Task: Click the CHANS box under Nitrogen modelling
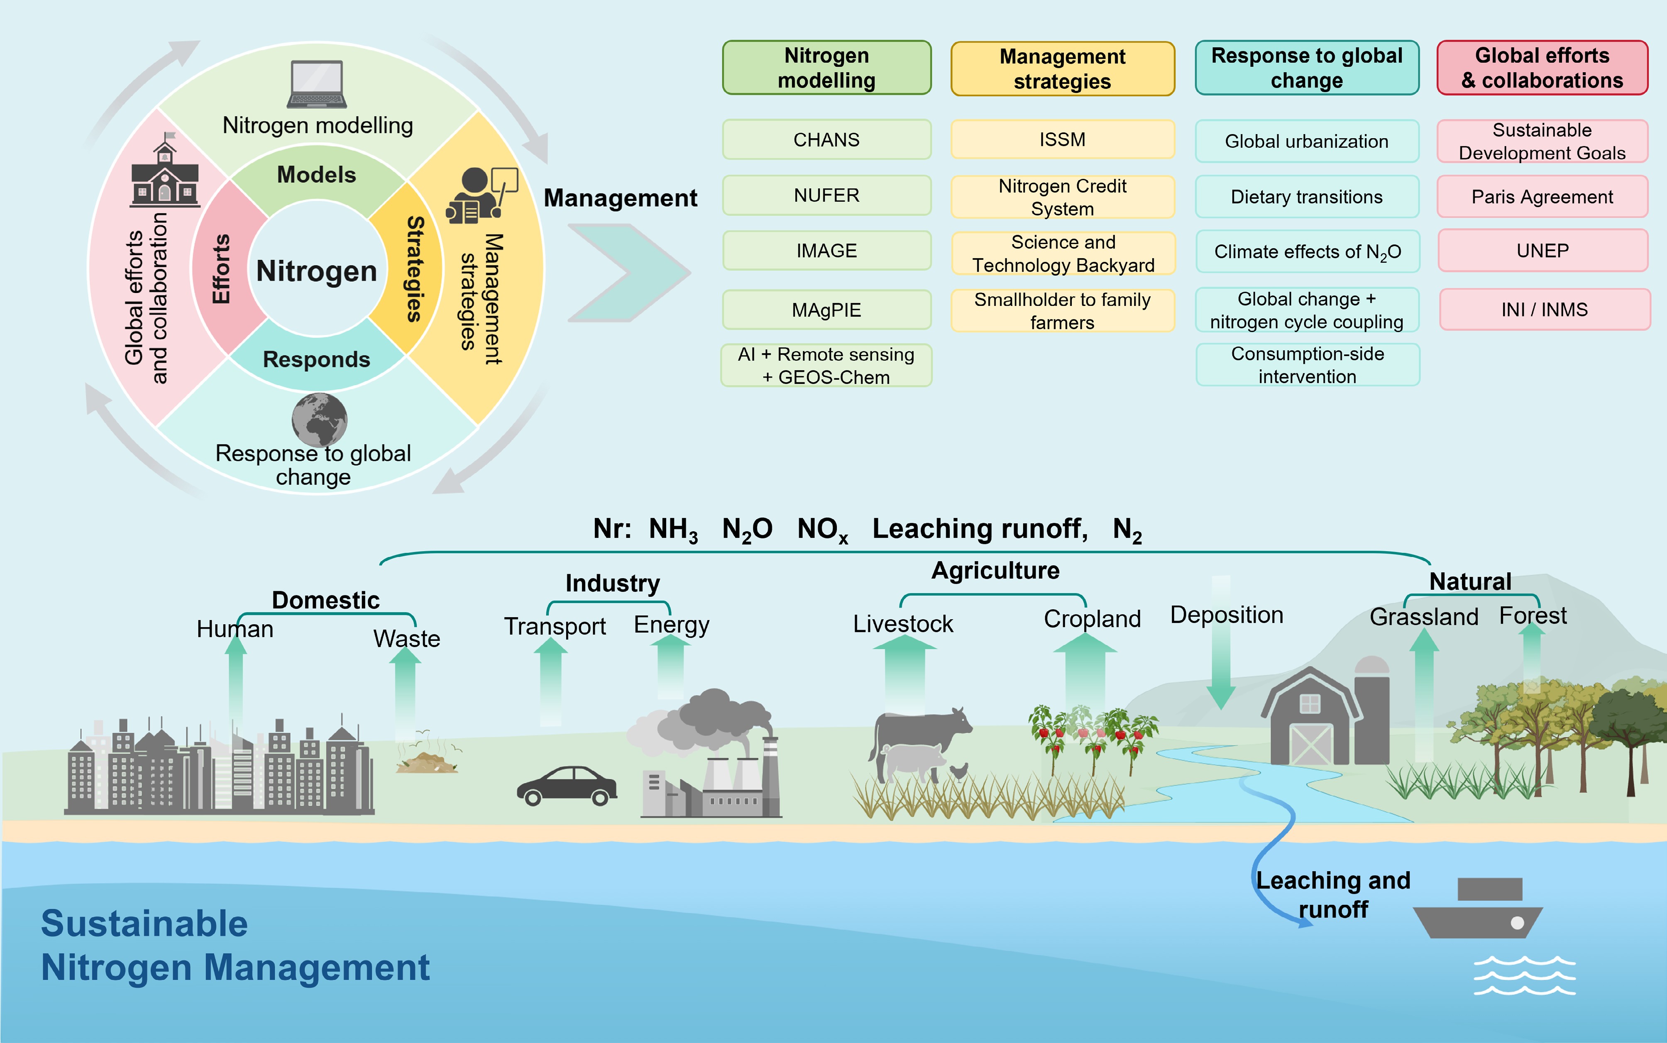tap(826, 139)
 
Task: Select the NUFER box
tap(826, 195)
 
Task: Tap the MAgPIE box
tap(826, 310)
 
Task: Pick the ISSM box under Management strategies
tap(1062, 139)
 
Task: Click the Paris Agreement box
tap(1542, 197)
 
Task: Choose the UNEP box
tap(1542, 250)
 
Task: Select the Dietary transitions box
tap(1306, 197)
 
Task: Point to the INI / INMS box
tap(1544, 310)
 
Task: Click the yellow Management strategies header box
tap(1062, 68)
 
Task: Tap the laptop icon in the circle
tap(317, 84)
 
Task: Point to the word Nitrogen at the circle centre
tap(317, 271)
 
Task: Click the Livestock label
tap(903, 623)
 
